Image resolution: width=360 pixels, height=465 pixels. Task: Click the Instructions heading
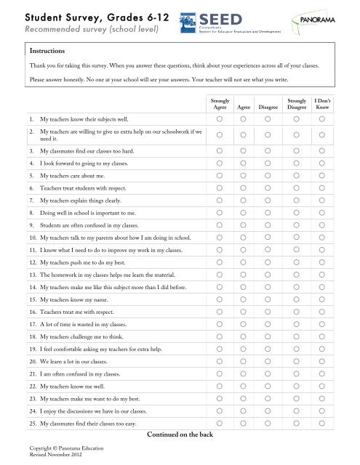48,52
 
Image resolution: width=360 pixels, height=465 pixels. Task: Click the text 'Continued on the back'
180,434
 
